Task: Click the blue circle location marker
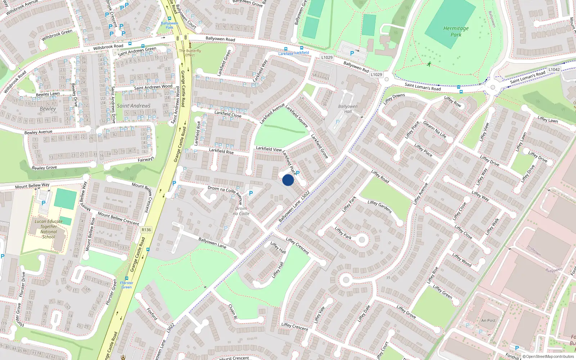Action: pyautogui.click(x=288, y=180)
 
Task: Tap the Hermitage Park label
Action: pyautogui.click(x=456, y=32)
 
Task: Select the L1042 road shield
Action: pyautogui.click(x=554, y=69)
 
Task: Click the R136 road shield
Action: pyautogui.click(x=146, y=230)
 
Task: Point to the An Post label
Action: pyautogui.click(x=488, y=320)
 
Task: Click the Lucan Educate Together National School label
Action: pyautogui.click(x=49, y=229)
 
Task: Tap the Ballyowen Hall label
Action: pyautogui.click(x=348, y=109)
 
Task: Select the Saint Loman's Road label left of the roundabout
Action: pyautogui.click(x=422, y=86)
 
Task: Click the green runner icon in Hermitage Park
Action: pyautogui.click(x=428, y=64)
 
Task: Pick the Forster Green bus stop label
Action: pyautogui.click(x=127, y=285)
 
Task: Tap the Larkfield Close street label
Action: pyautogui.click(x=228, y=114)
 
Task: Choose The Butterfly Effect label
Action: pyautogui.click(x=190, y=53)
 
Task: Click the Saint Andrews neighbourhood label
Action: pyautogui.click(x=134, y=106)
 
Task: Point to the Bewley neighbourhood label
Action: pyautogui.click(x=48, y=109)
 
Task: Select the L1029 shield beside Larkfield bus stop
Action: pyautogui.click(x=327, y=57)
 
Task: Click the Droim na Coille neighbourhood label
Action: pyautogui.click(x=242, y=211)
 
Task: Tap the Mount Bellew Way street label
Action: pyautogui.click(x=32, y=186)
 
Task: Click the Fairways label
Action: pyautogui.click(x=146, y=159)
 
